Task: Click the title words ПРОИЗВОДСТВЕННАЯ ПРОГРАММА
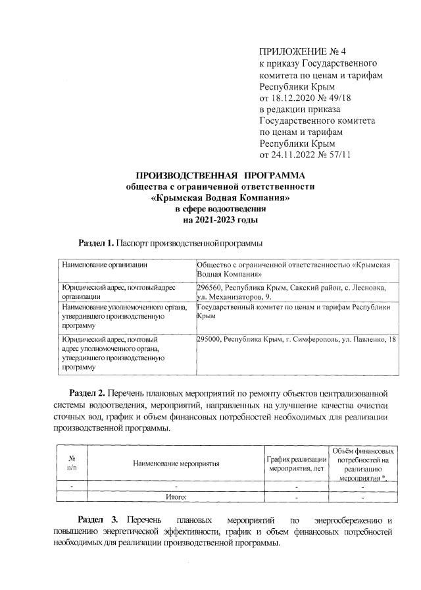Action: tap(220, 175)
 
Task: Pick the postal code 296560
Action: tap(210, 288)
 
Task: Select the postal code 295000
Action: tap(210, 339)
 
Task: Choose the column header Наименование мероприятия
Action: tap(176, 464)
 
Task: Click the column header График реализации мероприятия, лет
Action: tap(296, 464)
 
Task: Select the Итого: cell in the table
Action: tap(176, 497)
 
